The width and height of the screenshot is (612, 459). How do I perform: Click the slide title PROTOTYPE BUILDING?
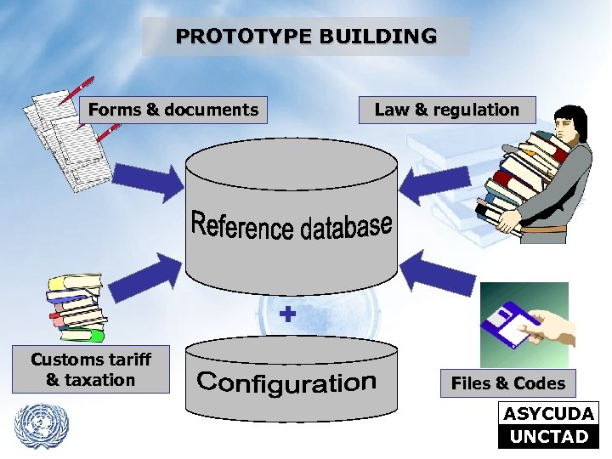[x=306, y=37]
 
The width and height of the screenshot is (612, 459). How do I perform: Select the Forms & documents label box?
[x=173, y=110]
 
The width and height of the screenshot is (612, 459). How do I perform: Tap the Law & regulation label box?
[x=446, y=110]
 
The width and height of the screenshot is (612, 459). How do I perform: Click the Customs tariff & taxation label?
[x=90, y=370]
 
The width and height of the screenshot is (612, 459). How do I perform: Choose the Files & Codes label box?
[x=507, y=383]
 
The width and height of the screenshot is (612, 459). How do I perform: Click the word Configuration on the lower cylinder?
[x=286, y=382]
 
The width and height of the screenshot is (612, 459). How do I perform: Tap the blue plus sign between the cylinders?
[x=288, y=314]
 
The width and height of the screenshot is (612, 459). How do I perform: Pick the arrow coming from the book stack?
[x=148, y=272]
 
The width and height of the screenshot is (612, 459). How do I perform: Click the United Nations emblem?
[x=42, y=425]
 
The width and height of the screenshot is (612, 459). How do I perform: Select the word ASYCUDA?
[x=549, y=415]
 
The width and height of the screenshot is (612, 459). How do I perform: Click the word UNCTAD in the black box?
[x=549, y=437]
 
